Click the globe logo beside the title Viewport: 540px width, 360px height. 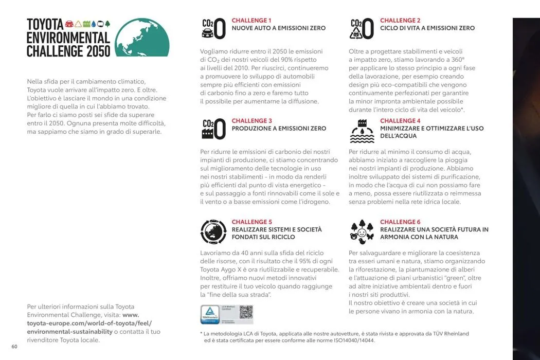pyautogui.click(x=142, y=38)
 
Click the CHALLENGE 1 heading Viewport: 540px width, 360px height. pyautogui.click(x=251, y=21)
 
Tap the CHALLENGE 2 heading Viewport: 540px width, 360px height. pyautogui.click(x=400, y=21)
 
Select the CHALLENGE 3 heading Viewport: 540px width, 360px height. pyautogui.click(x=251, y=121)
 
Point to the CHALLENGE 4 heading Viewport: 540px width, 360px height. pyautogui.click(x=400, y=121)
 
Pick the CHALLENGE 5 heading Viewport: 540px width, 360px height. pyautogui.click(x=251, y=222)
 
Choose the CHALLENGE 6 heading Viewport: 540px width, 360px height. pyautogui.click(x=400, y=222)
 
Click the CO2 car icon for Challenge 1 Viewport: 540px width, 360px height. pyautogui.click(x=213, y=29)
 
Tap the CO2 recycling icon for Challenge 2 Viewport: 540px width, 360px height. pyautogui.click(x=362, y=29)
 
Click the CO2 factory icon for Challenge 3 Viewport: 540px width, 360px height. pyautogui.click(x=213, y=130)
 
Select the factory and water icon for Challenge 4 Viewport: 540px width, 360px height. pyautogui.click(x=362, y=131)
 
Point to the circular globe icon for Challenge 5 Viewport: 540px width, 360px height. pyautogui.click(x=213, y=231)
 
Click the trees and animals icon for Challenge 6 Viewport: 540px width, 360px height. pyautogui.click(x=362, y=232)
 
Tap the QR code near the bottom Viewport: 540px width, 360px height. pyautogui.click(x=246, y=312)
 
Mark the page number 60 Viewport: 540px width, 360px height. pyautogui.click(x=14, y=346)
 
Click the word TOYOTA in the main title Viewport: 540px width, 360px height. pyautogui.click(x=45, y=24)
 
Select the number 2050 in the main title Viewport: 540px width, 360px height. pyautogui.click(x=98, y=51)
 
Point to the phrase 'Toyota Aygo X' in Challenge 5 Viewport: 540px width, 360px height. pyautogui.click(x=222, y=269)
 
